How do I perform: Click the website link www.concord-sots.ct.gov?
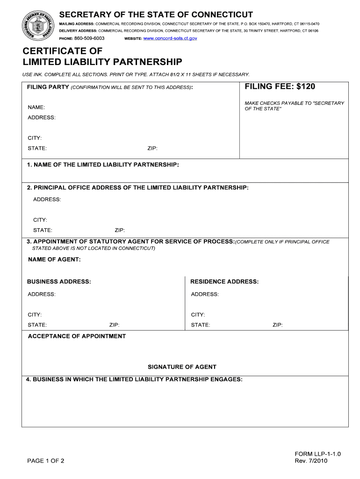(x=170, y=38)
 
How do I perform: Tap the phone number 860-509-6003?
(x=89, y=38)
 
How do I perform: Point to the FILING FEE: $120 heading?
(x=280, y=87)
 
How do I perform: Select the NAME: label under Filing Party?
(x=36, y=108)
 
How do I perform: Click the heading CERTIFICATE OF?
(x=63, y=51)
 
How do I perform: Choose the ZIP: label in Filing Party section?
(x=152, y=148)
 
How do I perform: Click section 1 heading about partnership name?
(x=103, y=165)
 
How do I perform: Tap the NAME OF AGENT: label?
(x=54, y=260)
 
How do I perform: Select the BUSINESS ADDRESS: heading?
(x=59, y=282)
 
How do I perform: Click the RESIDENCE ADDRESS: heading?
(x=224, y=282)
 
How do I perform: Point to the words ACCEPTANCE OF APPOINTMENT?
(x=77, y=336)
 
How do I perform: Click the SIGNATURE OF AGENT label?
(x=182, y=367)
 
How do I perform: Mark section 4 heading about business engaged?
(x=134, y=379)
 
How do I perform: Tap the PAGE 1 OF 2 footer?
(x=46, y=461)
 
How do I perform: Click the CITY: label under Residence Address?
(x=198, y=315)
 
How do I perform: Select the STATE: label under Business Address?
(x=37, y=325)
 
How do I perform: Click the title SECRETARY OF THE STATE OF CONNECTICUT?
(x=156, y=15)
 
